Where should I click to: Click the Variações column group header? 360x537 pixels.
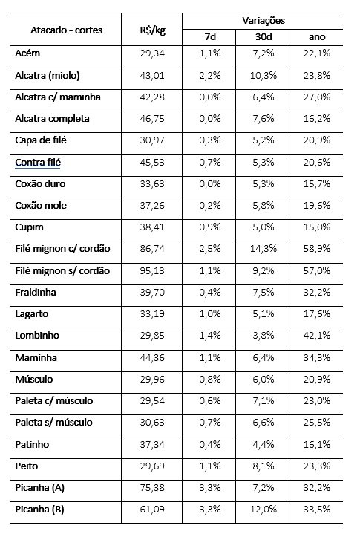(x=264, y=21)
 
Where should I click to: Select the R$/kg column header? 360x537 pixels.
(x=152, y=30)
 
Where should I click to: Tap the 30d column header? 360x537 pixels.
(x=264, y=36)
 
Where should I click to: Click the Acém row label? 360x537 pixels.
(x=27, y=53)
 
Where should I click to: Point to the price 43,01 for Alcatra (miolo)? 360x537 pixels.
(x=152, y=75)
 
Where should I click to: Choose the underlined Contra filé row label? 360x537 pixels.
(x=38, y=163)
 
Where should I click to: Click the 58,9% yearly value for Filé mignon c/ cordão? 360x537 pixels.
(x=317, y=249)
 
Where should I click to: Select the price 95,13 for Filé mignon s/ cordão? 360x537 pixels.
(x=152, y=270)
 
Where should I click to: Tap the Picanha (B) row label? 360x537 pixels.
(x=39, y=510)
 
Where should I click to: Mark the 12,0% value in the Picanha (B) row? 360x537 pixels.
(x=264, y=510)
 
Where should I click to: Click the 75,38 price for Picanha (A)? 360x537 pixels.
(x=152, y=488)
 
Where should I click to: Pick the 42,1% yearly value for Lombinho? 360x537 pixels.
(x=317, y=335)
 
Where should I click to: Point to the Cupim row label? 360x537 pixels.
(x=29, y=227)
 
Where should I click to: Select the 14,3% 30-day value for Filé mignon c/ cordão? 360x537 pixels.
(x=264, y=249)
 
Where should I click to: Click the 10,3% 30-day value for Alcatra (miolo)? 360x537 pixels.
(x=264, y=75)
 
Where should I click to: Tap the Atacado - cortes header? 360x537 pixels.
(x=66, y=30)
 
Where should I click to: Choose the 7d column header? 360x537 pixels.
(x=210, y=36)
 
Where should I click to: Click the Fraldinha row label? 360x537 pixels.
(x=36, y=292)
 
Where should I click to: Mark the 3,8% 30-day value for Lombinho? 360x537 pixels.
(x=264, y=335)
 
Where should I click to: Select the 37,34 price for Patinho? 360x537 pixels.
(x=152, y=445)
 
